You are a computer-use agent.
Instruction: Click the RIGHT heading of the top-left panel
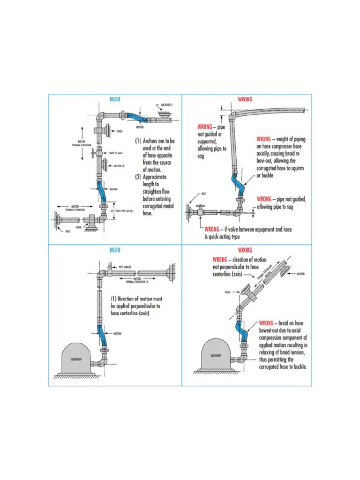coord(115,99)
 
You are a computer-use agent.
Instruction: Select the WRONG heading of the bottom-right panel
coord(245,250)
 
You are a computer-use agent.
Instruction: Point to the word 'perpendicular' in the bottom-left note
coord(137,306)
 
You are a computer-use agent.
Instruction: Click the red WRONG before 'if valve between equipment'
coord(213,230)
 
